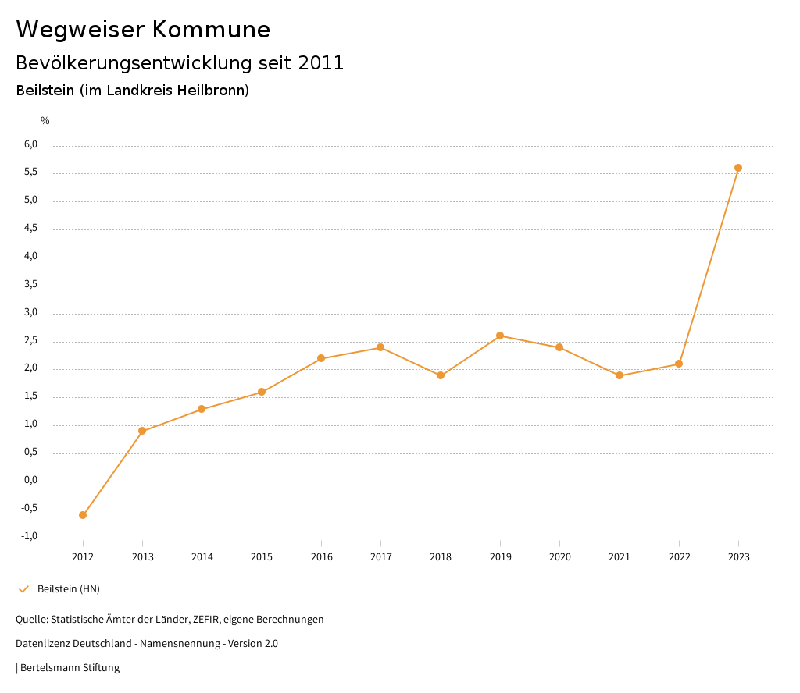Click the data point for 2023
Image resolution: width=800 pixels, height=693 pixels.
738,168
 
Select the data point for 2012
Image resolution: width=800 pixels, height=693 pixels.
83,515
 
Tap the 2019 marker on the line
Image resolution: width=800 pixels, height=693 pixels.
500,336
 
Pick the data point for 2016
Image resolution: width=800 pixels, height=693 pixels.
321,358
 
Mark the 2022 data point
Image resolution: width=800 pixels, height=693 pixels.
679,364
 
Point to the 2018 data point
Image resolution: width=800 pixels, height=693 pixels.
441,375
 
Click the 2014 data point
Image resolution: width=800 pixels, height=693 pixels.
202,409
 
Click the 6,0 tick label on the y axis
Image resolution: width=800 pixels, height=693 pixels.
30,144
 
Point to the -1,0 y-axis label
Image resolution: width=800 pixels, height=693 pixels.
30,536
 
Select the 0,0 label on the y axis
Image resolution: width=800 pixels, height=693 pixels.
30,481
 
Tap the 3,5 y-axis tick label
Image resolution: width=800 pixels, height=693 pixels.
30,285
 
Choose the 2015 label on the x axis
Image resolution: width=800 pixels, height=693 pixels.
262,557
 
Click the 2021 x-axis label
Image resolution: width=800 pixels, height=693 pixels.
620,557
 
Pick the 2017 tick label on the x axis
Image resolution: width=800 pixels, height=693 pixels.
381,557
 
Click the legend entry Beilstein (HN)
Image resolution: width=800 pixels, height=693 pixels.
69,588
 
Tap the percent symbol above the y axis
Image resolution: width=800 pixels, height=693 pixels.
45,121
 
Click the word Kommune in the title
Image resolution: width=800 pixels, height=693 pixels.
211,30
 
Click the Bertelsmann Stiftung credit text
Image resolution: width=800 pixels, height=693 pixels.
70,668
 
